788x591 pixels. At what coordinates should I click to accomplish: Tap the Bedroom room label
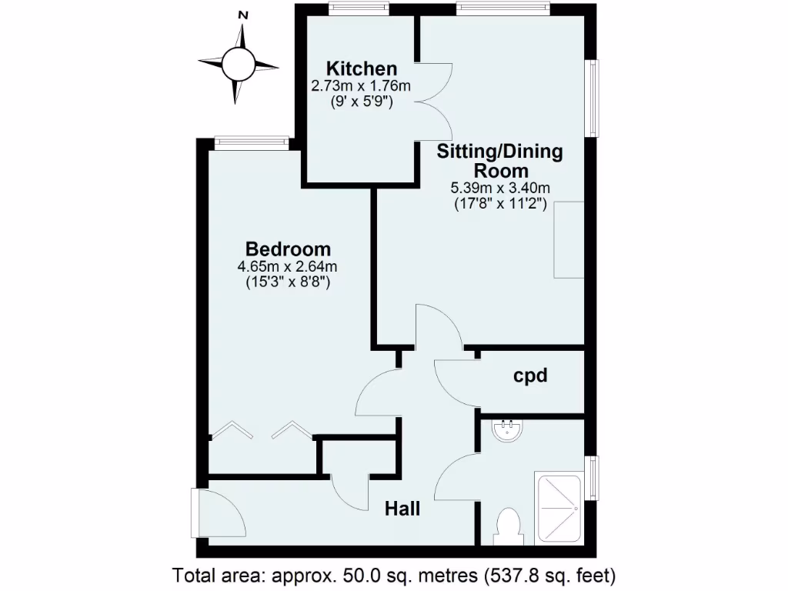pyautogui.click(x=288, y=249)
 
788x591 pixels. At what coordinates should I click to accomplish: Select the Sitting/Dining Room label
pyautogui.click(x=500, y=160)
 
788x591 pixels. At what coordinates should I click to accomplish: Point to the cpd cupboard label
pyautogui.click(x=530, y=376)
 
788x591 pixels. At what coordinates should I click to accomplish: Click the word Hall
pyautogui.click(x=402, y=509)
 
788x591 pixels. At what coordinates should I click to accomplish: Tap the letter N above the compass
pyautogui.click(x=243, y=15)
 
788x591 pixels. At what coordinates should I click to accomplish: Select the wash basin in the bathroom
pyautogui.click(x=508, y=429)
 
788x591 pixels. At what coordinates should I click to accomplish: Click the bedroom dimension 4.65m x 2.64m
pyautogui.click(x=288, y=267)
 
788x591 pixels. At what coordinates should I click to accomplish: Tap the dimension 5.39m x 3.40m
pyautogui.click(x=500, y=188)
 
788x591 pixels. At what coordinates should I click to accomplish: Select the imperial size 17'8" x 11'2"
pyautogui.click(x=500, y=204)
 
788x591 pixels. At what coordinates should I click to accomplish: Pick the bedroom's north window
pyautogui.click(x=252, y=141)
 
